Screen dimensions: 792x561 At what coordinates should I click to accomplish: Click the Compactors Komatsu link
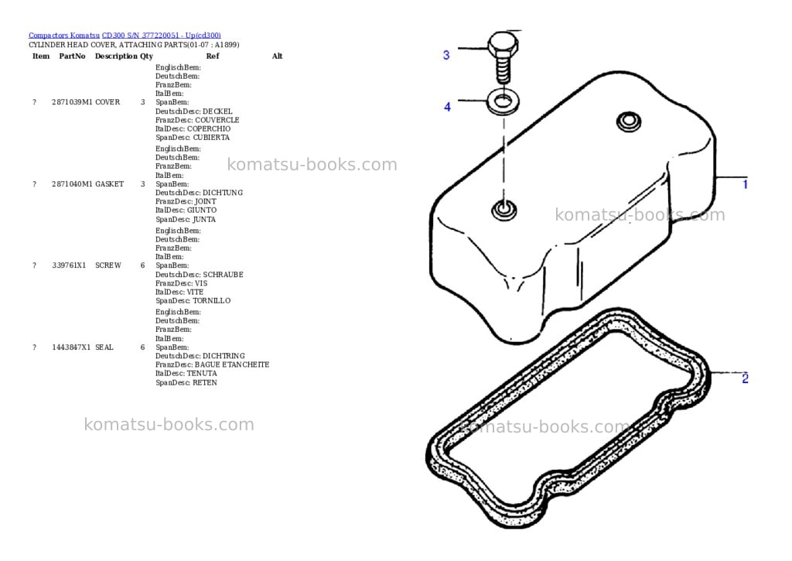coord(64,36)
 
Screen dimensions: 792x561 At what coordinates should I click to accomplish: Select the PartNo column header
coord(72,56)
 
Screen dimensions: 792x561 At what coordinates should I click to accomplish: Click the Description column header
coord(116,56)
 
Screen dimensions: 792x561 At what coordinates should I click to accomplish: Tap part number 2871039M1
coord(72,102)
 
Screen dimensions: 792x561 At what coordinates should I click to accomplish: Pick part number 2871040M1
coord(72,184)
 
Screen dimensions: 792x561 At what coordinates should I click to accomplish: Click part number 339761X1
coord(69,265)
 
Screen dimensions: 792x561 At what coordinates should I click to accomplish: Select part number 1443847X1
coord(71,347)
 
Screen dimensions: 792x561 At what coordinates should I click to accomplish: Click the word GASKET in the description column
coord(110,184)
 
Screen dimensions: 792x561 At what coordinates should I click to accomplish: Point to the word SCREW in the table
coord(108,265)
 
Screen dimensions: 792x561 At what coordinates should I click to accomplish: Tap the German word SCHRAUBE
coord(224,275)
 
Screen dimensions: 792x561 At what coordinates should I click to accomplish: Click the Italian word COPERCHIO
coord(209,129)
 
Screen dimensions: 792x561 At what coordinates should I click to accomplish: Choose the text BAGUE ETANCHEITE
coord(232,364)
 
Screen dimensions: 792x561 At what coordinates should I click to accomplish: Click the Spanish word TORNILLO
coord(212,301)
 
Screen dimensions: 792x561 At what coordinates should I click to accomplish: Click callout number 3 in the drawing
coord(446,55)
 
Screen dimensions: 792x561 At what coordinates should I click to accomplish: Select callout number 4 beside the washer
coord(447,107)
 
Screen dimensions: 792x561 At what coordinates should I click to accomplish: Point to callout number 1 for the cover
coord(745,184)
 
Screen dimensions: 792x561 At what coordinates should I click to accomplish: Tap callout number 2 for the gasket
coord(745,378)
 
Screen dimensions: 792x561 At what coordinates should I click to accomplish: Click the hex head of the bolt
coord(503,46)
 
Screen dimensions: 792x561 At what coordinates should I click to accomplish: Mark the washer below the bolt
coord(503,101)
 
